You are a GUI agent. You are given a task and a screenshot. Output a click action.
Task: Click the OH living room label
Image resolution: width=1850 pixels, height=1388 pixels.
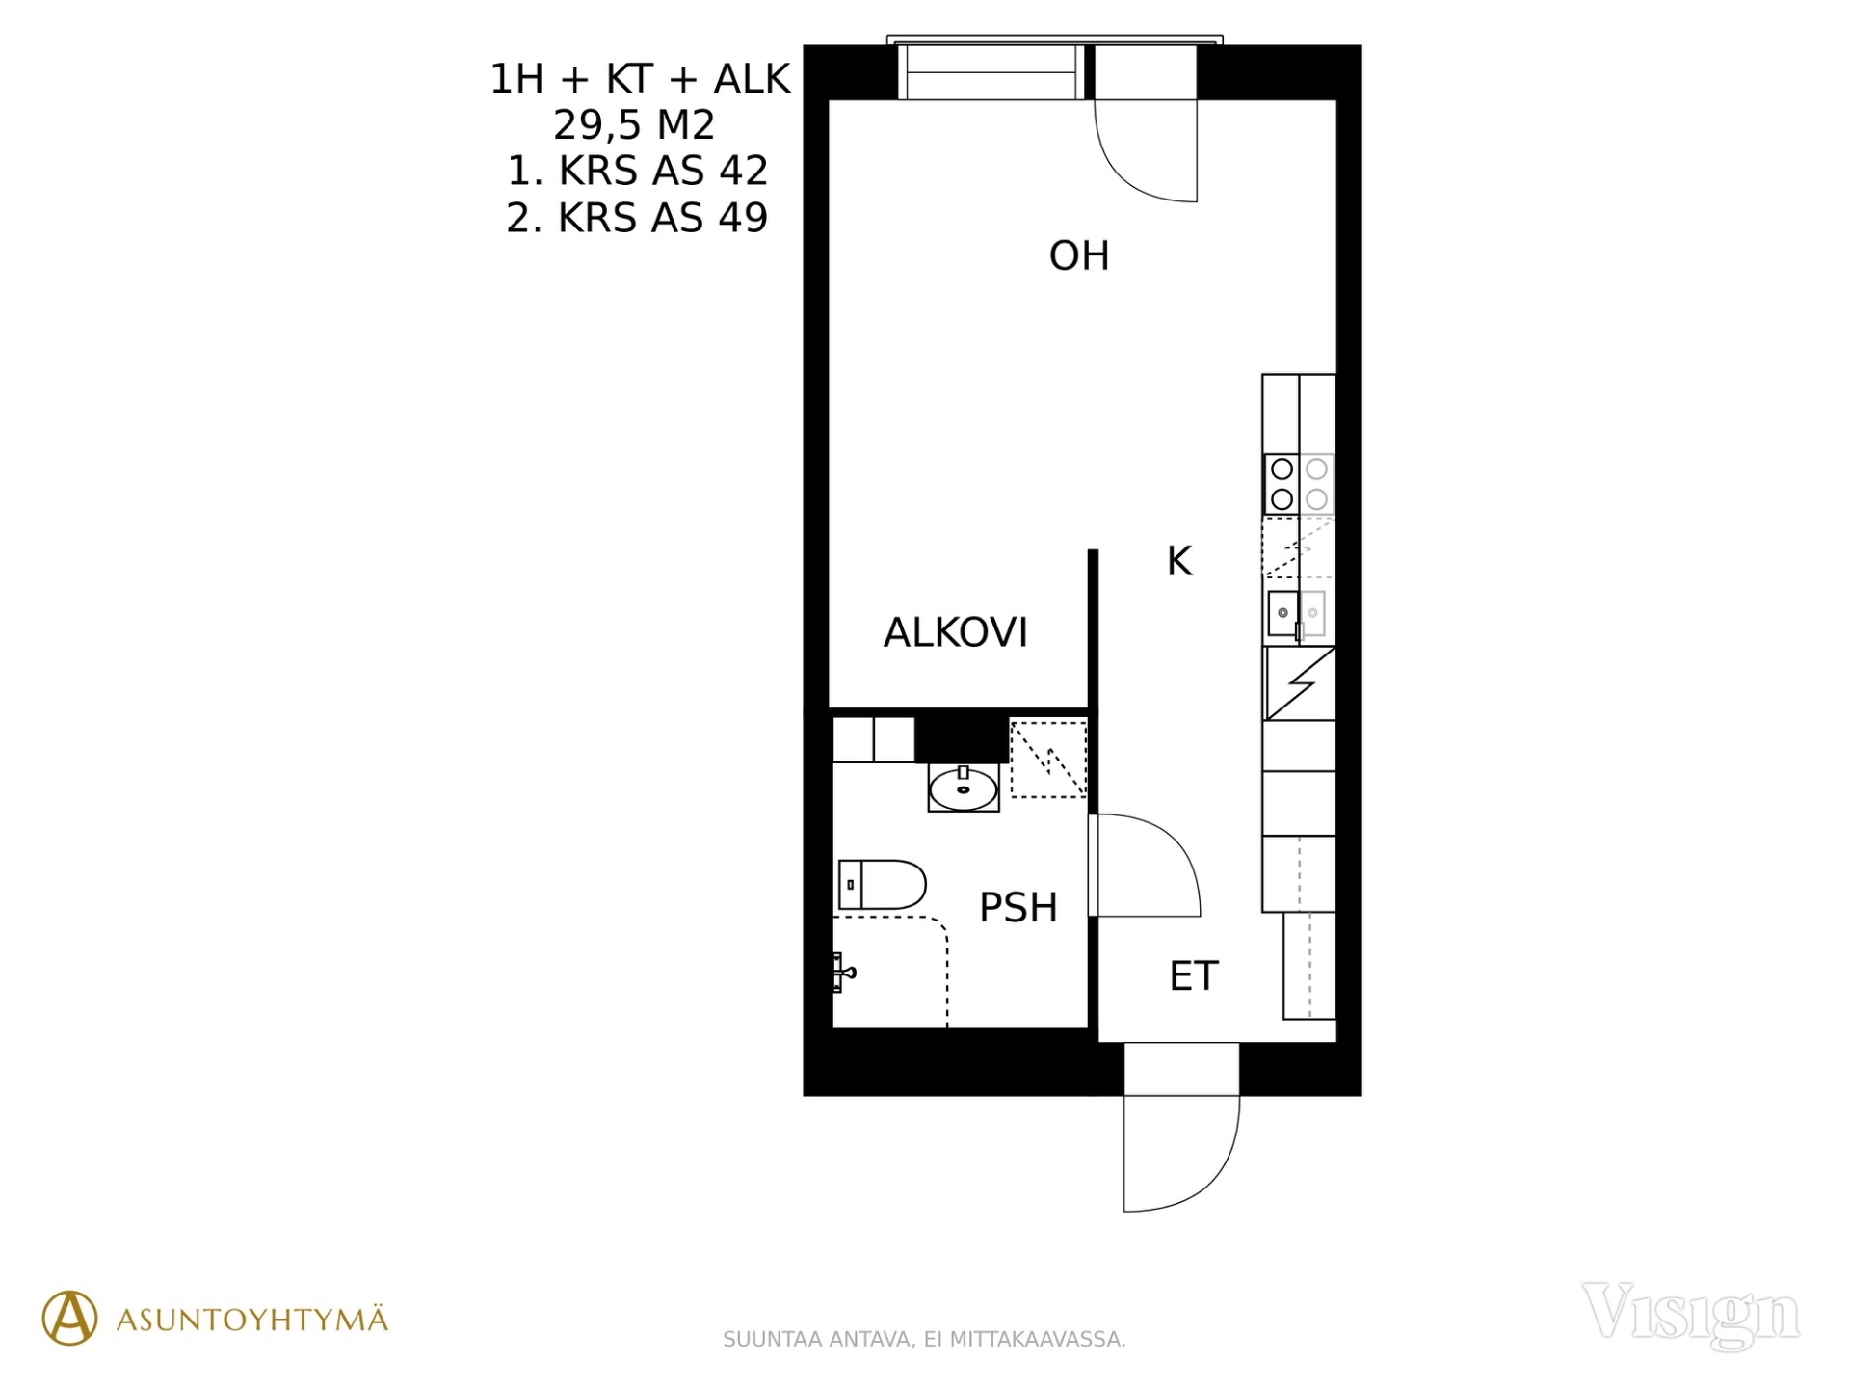[1079, 256]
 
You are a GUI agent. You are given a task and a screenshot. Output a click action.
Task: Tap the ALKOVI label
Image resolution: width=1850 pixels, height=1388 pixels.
[956, 632]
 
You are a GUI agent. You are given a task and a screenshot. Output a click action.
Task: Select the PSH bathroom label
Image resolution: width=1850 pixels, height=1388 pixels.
[1018, 907]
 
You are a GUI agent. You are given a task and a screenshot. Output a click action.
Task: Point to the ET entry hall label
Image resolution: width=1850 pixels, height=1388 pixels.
[1194, 976]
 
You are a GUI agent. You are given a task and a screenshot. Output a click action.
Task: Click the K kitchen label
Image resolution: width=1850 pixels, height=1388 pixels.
[1179, 561]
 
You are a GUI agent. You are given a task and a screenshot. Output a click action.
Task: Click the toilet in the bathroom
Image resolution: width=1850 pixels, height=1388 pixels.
[882, 885]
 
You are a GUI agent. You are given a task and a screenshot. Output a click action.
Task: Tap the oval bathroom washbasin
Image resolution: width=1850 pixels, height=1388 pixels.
[964, 789]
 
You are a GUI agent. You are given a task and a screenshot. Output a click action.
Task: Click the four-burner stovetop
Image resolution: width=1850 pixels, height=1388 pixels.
[1299, 484]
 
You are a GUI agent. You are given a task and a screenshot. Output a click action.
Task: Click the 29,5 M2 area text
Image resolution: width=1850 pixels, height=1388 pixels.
[634, 125]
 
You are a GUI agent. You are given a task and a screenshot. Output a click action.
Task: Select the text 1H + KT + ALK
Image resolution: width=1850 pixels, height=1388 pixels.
[640, 79]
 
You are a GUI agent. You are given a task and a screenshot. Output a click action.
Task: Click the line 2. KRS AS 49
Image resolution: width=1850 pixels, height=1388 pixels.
[637, 218]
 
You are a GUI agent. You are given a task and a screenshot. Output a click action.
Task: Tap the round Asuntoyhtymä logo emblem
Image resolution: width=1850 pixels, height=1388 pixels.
[69, 1318]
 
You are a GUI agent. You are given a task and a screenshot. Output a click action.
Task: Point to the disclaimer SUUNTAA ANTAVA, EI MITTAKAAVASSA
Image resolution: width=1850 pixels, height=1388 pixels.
[924, 1339]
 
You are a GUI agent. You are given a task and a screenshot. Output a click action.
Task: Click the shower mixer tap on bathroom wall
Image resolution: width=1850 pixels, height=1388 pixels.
[843, 973]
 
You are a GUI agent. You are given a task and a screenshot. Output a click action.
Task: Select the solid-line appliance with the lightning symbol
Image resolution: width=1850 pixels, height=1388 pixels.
[1299, 683]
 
